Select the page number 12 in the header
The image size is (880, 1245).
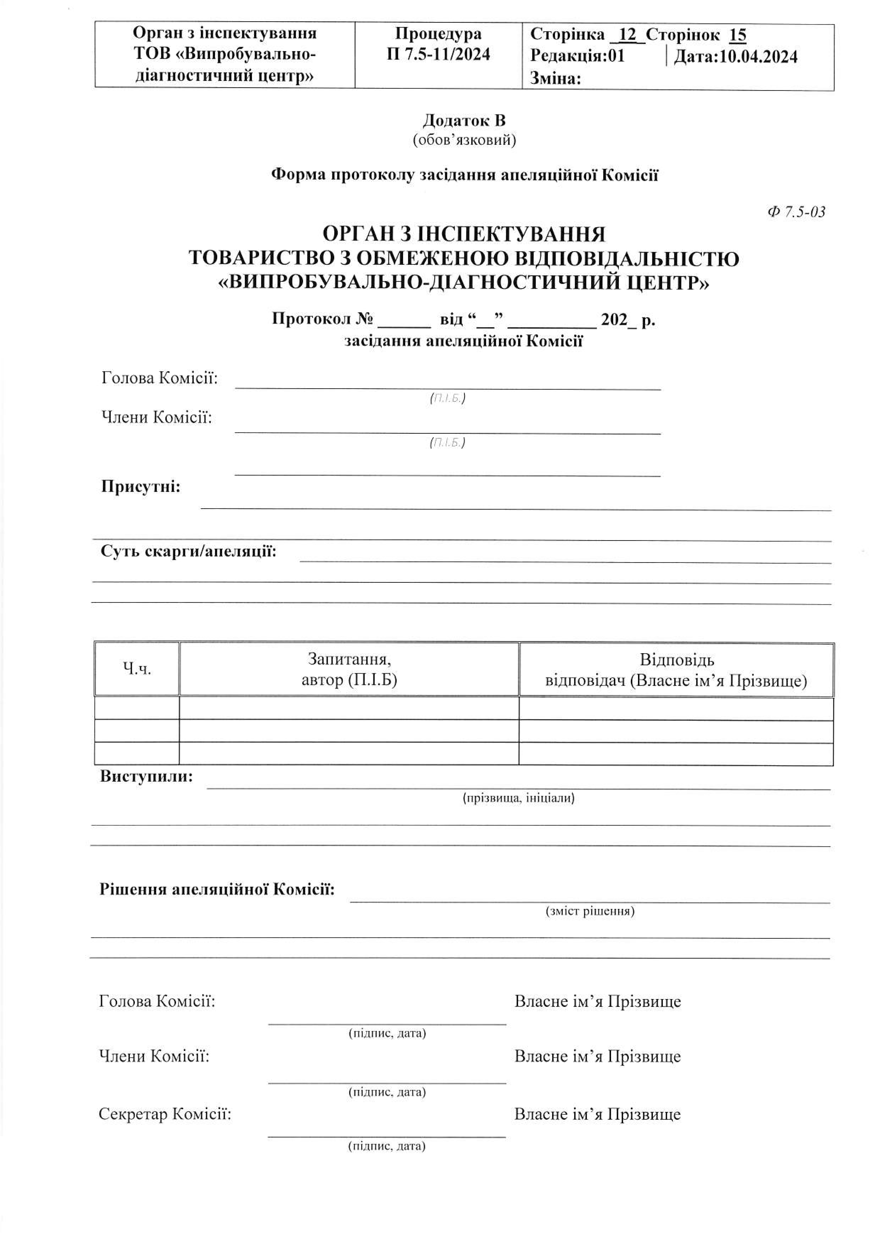tap(627, 35)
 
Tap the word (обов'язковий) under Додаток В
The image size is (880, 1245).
tap(464, 140)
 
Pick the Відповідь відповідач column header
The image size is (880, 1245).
tap(676, 670)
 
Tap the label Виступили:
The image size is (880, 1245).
tap(146, 777)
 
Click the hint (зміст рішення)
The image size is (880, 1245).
tap(590, 911)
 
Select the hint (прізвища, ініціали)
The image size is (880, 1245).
tap(518, 798)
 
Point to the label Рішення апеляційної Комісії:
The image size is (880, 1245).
tap(217, 889)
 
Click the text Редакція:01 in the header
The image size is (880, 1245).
tap(577, 56)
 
